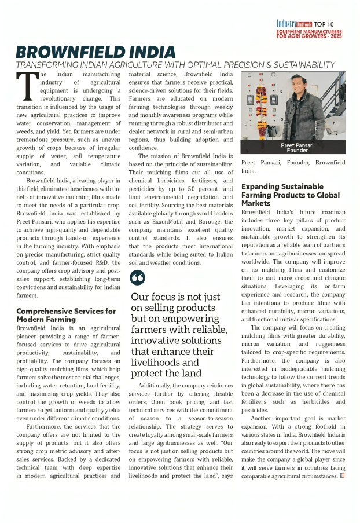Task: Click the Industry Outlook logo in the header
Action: click(296, 24)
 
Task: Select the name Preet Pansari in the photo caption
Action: click(297, 145)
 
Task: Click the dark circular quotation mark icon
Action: click(138, 277)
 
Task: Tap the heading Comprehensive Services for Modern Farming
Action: click(65, 315)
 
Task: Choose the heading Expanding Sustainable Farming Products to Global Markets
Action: click(290, 195)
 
